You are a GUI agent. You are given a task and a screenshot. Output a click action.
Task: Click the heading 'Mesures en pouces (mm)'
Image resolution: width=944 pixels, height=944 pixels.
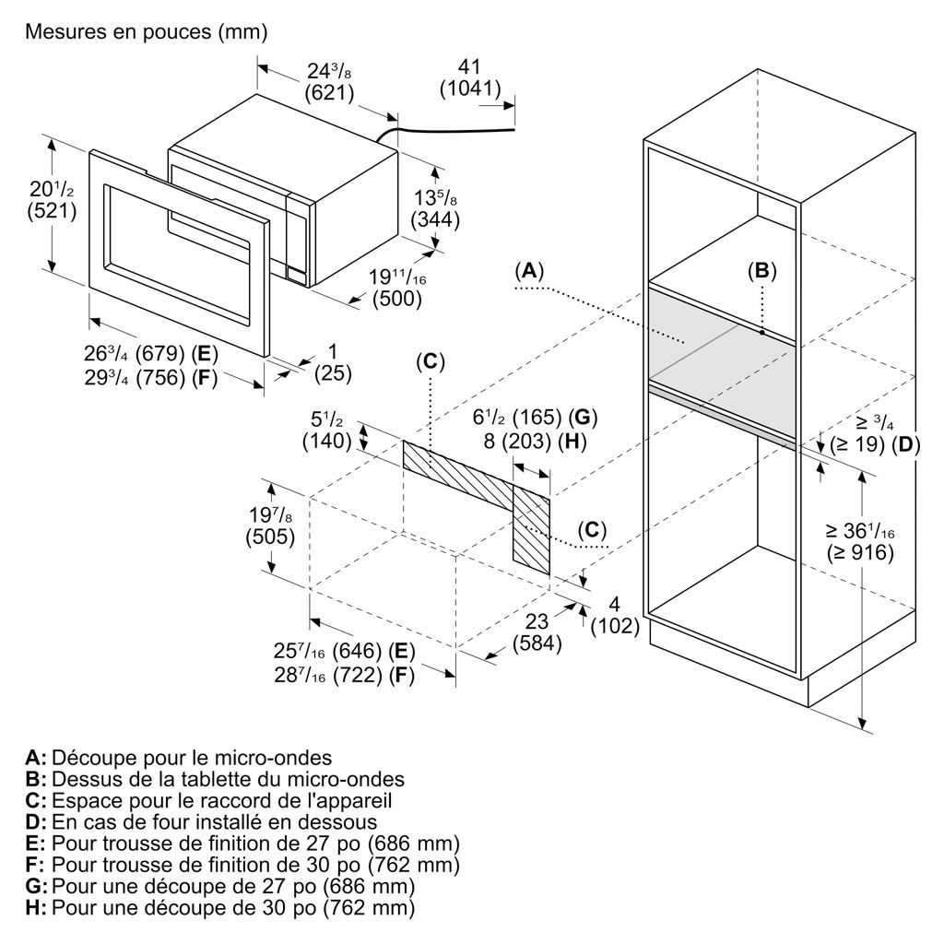(147, 31)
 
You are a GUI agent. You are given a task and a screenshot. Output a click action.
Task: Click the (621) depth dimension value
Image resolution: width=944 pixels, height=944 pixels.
(329, 93)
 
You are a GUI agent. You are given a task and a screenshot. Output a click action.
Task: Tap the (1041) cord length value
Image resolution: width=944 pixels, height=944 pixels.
(470, 88)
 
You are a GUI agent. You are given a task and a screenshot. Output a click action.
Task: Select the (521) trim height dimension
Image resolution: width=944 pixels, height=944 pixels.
(52, 211)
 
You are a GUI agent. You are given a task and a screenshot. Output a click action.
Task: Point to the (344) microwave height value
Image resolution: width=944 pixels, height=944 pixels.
(435, 219)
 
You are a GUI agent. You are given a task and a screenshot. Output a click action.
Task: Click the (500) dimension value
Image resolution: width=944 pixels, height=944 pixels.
(396, 299)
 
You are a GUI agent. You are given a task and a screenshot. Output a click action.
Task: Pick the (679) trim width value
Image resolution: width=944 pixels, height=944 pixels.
(160, 353)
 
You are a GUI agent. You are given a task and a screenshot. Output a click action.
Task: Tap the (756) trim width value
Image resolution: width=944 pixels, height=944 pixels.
(160, 378)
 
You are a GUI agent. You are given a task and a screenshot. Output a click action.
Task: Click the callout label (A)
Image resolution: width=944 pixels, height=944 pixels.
(529, 271)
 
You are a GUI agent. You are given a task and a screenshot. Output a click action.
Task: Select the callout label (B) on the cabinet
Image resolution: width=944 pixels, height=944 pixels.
(762, 271)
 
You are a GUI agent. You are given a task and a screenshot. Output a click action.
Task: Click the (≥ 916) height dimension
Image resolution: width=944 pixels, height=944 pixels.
(860, 552)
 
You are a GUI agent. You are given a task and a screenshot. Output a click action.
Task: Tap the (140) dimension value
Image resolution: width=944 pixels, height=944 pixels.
(326, 441)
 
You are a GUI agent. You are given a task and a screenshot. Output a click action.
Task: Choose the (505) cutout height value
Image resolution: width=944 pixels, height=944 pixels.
(270, 537)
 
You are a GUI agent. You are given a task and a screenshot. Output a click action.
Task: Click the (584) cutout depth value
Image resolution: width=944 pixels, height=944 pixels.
(537, 643)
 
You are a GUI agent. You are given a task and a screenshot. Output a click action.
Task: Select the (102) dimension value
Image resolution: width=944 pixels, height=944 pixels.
(615, 626)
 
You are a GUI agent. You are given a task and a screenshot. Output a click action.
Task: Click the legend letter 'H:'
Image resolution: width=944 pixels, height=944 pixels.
(36, 908)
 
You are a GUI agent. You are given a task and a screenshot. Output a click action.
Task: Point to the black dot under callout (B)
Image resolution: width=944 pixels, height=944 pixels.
(762, 332)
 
